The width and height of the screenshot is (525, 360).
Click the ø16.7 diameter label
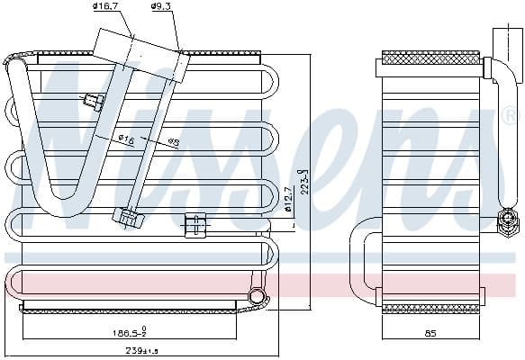click(x=106, y=7)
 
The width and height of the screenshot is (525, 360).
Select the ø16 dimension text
click(x=126, y=139)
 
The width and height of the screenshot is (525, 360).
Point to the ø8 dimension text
click(x=172, y=141)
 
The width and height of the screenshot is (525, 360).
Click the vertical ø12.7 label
click(x=287, y=199)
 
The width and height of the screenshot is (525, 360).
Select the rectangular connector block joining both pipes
click(x=142, y=52)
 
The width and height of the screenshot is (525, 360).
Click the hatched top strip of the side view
click(x=430, y=58)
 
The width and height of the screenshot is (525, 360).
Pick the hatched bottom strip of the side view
click(x=430, y=308)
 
